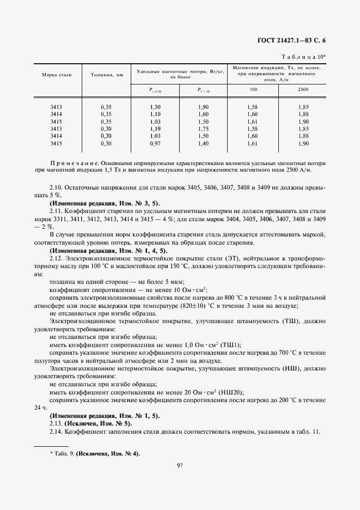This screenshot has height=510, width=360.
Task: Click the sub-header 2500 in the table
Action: click(303, 89)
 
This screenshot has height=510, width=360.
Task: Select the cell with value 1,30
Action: click(155, 107)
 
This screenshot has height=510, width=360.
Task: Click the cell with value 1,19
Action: click(155, 129)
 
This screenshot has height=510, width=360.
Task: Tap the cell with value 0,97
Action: click(155, 143)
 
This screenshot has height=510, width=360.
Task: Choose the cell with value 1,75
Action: click(204, 129)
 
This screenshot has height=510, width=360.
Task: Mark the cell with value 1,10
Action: click(155, 114)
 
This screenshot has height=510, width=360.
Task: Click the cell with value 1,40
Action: click(204, 143)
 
